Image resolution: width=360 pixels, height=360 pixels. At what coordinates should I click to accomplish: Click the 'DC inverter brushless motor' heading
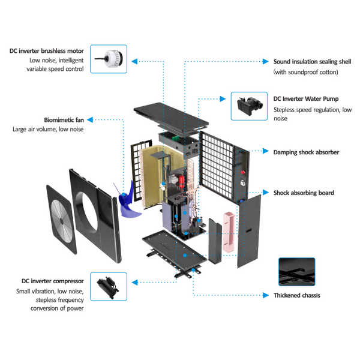[x=50, y=50]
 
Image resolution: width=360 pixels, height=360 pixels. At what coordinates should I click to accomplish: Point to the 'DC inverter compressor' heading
[x=50, y=281]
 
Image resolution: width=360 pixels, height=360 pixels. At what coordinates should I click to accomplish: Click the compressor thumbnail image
[x=108, y=287]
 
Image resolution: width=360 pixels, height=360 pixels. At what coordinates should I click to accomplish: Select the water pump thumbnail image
[x=248, y=106]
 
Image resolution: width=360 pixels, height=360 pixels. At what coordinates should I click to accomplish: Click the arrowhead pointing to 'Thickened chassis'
[x=266, y=295]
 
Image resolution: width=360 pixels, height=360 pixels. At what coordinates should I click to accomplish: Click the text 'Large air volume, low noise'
[x=48, y=130]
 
